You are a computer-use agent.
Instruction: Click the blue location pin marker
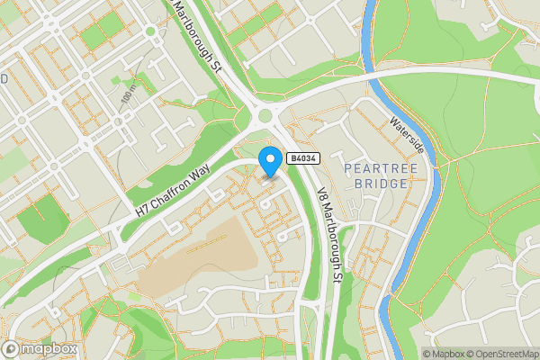click(269, 161)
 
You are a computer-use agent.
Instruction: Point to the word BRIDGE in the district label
click(375, 183)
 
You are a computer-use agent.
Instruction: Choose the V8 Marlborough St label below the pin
click(329, 235)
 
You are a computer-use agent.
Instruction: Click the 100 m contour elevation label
click(128, 95)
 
